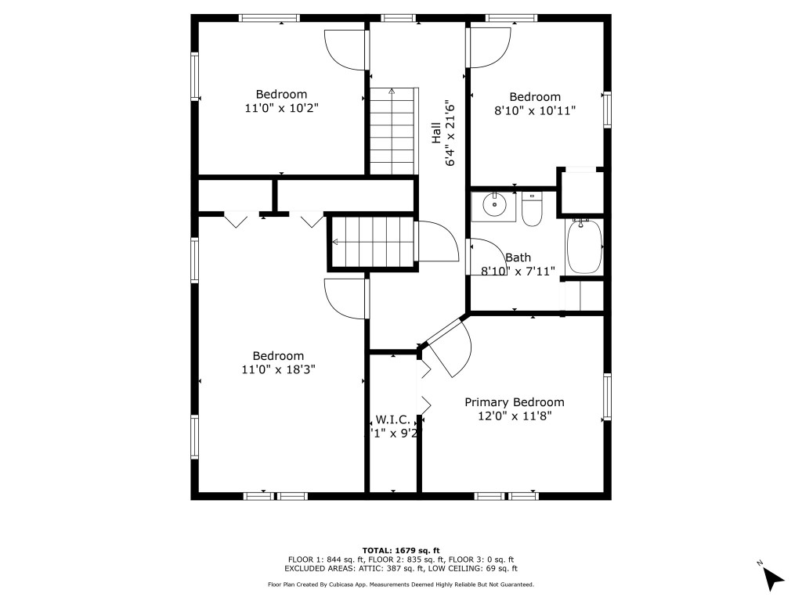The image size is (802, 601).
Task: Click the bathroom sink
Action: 494,206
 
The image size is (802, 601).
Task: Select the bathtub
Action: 583,247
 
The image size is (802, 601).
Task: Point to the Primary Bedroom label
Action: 514,402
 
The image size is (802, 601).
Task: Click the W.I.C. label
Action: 392,419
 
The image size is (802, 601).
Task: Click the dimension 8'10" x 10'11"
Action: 535,111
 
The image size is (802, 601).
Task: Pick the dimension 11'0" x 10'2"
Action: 281,109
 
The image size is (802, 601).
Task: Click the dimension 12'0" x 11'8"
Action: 515,416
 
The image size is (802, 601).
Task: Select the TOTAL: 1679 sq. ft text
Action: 400,550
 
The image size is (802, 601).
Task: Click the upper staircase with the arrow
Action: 393,131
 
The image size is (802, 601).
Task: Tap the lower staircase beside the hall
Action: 372,243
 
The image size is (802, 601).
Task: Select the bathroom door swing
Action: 486,257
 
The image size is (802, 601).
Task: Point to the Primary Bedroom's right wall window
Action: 606,397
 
